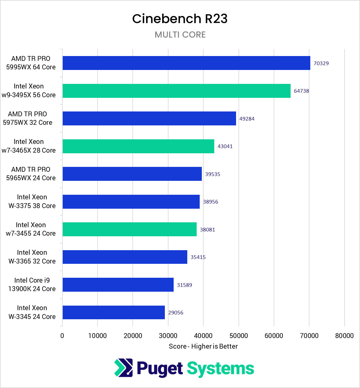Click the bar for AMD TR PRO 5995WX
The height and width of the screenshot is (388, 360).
(186, 63)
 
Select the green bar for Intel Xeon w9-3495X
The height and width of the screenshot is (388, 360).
(176, 91)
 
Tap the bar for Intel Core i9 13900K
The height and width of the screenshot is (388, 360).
(118, 285)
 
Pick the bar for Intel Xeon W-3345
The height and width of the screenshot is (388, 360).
(114, 312)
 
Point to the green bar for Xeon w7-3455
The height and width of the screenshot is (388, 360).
(129, 229)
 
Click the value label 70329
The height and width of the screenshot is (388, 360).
(321, 63)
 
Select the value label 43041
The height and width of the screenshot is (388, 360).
(225, 146)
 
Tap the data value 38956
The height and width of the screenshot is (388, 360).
(210, 202)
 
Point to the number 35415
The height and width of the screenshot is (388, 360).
(198, 257)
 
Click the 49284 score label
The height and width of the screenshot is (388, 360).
(247, 119)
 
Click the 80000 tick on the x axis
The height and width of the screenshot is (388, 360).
(344, 336)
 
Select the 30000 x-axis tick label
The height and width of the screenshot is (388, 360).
(168, 336)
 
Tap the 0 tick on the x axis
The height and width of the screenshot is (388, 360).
(62, 336)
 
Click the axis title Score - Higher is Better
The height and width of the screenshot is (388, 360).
(203, 346)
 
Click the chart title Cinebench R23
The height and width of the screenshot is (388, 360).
(180, 19)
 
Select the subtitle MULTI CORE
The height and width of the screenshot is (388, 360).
(180, 35)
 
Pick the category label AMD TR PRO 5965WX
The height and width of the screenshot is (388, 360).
(31, 174)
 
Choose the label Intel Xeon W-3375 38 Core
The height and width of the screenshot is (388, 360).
(32, 201)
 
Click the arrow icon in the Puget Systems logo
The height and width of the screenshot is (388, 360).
(123, 368)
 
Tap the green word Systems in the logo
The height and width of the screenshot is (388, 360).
(220, 369)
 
